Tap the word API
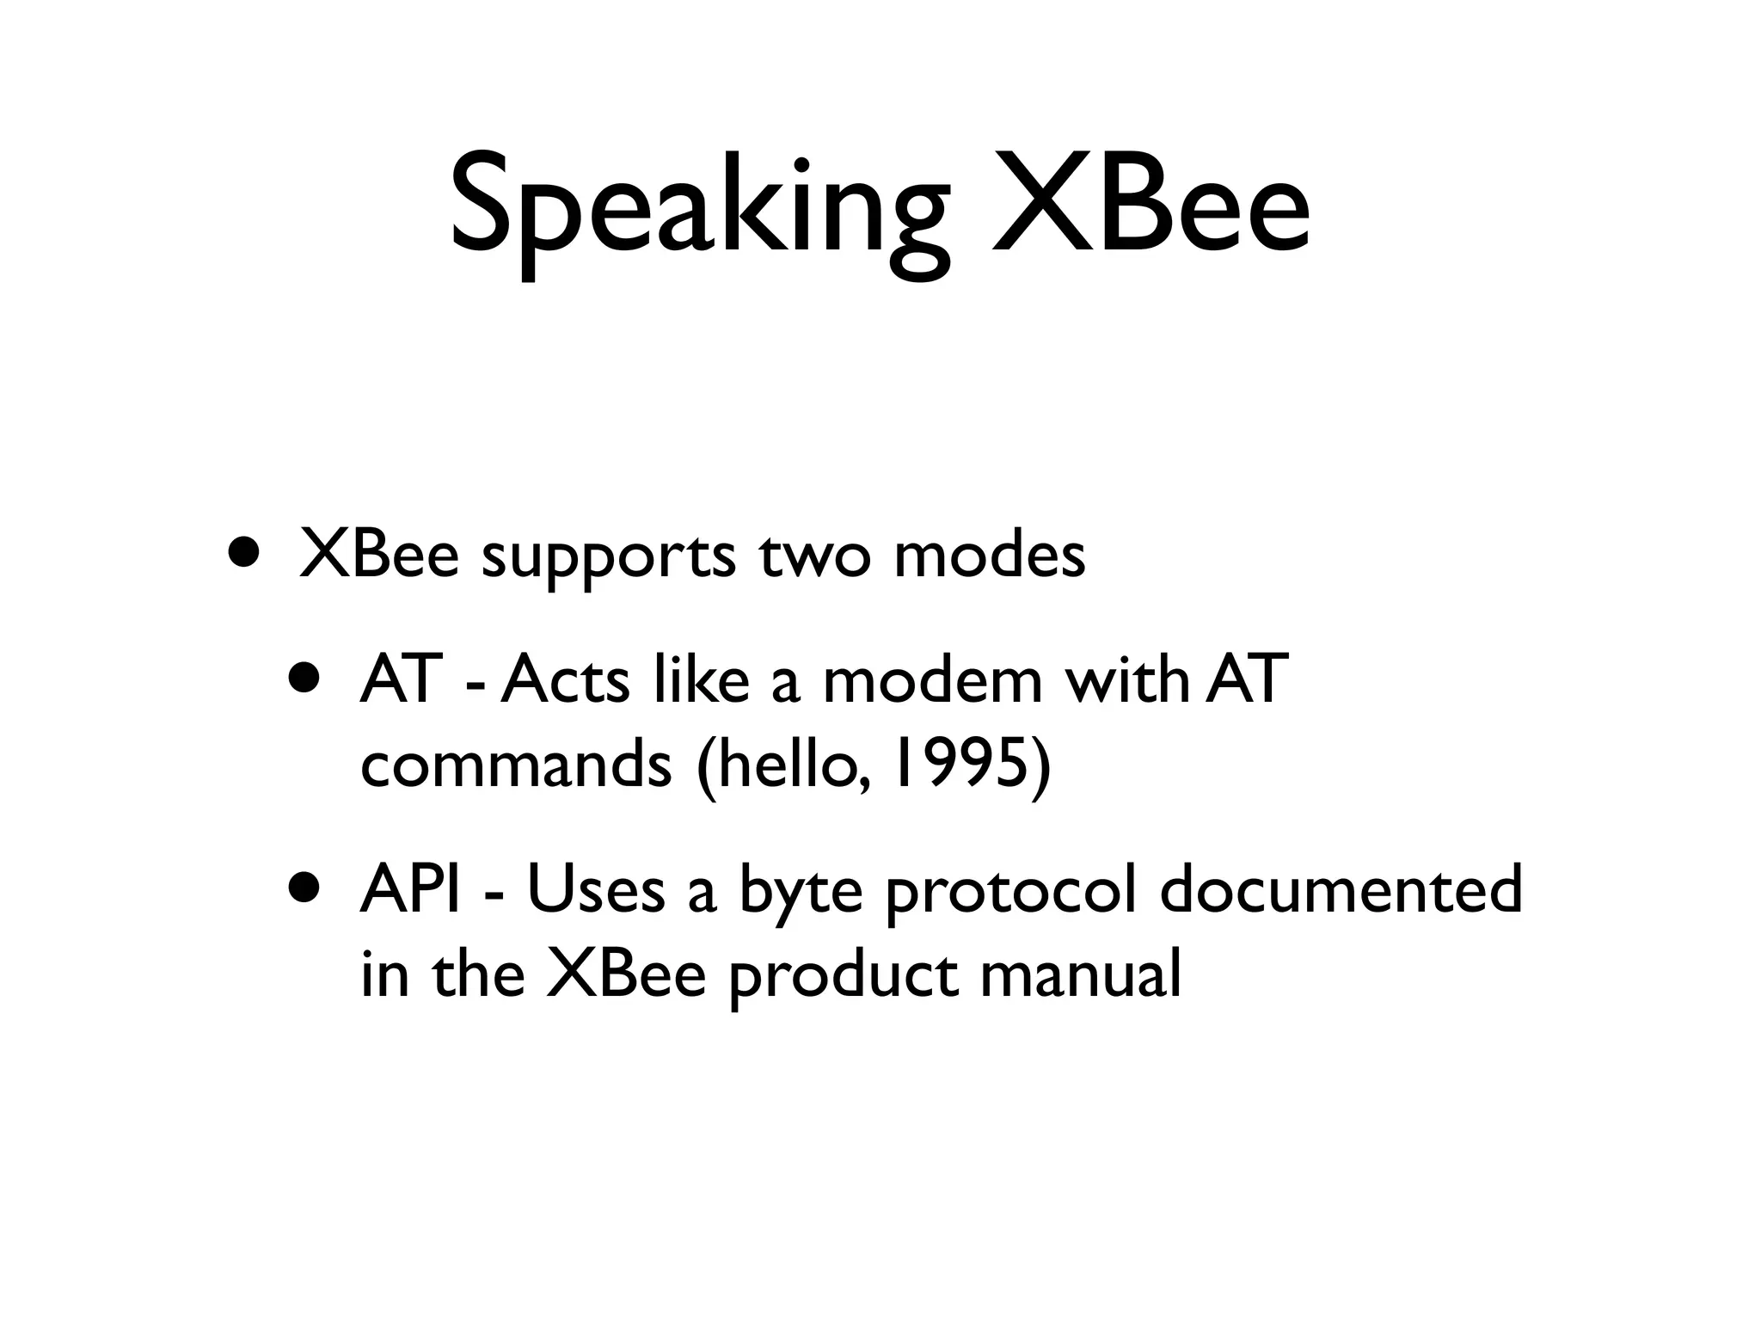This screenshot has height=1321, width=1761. pyautogui.click(x=412, y=889)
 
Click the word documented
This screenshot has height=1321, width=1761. pyautogui.click(x=1341, y=889)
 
